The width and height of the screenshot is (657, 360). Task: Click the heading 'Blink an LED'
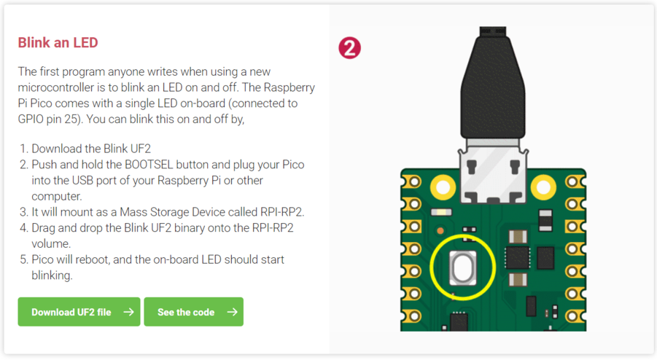click(58, 43)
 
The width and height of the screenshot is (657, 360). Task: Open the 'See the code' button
click(193, 312)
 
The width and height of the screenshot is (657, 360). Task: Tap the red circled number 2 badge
click(350, 48)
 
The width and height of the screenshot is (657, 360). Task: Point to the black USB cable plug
click(493, 87)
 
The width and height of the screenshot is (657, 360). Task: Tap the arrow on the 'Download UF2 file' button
click(128, 312)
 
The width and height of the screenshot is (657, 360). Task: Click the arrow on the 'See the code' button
click(232, 312)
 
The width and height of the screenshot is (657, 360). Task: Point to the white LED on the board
click(441, 213)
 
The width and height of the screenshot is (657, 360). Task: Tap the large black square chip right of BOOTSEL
click(516, 257)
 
